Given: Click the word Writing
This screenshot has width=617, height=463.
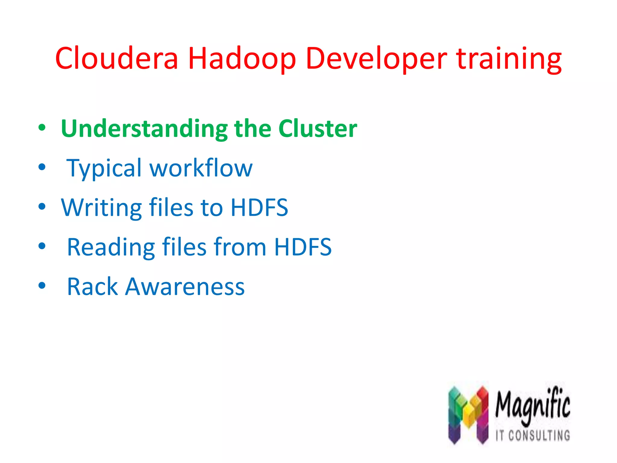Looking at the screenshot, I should [x=101, y=208].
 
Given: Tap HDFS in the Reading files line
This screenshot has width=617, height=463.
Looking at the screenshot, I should [x=303, y=247].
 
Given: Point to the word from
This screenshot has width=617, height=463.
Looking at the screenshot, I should [x=240, y=247].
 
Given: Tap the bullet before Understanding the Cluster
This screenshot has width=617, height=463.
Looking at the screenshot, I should [x=42, y=128].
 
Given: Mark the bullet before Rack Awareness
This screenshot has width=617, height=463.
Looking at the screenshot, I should [x=42, y=285].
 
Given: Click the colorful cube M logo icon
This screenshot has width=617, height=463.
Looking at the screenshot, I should [x=468, y=415].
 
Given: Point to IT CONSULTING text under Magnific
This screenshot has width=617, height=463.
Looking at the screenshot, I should [x=533, y=436].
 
